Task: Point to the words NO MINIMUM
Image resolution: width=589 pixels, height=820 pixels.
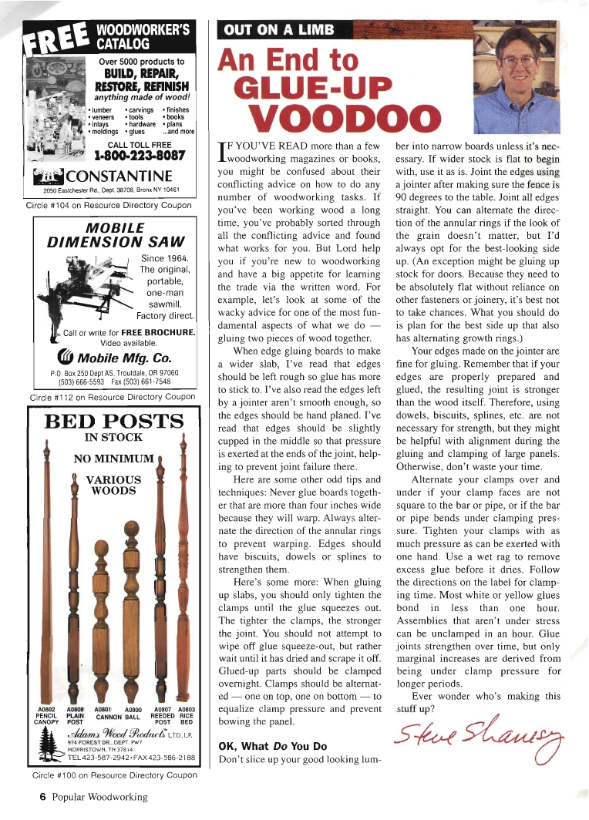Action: coord(115,459)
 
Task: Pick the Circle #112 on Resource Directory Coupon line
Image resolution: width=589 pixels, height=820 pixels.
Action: coord(112,397)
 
